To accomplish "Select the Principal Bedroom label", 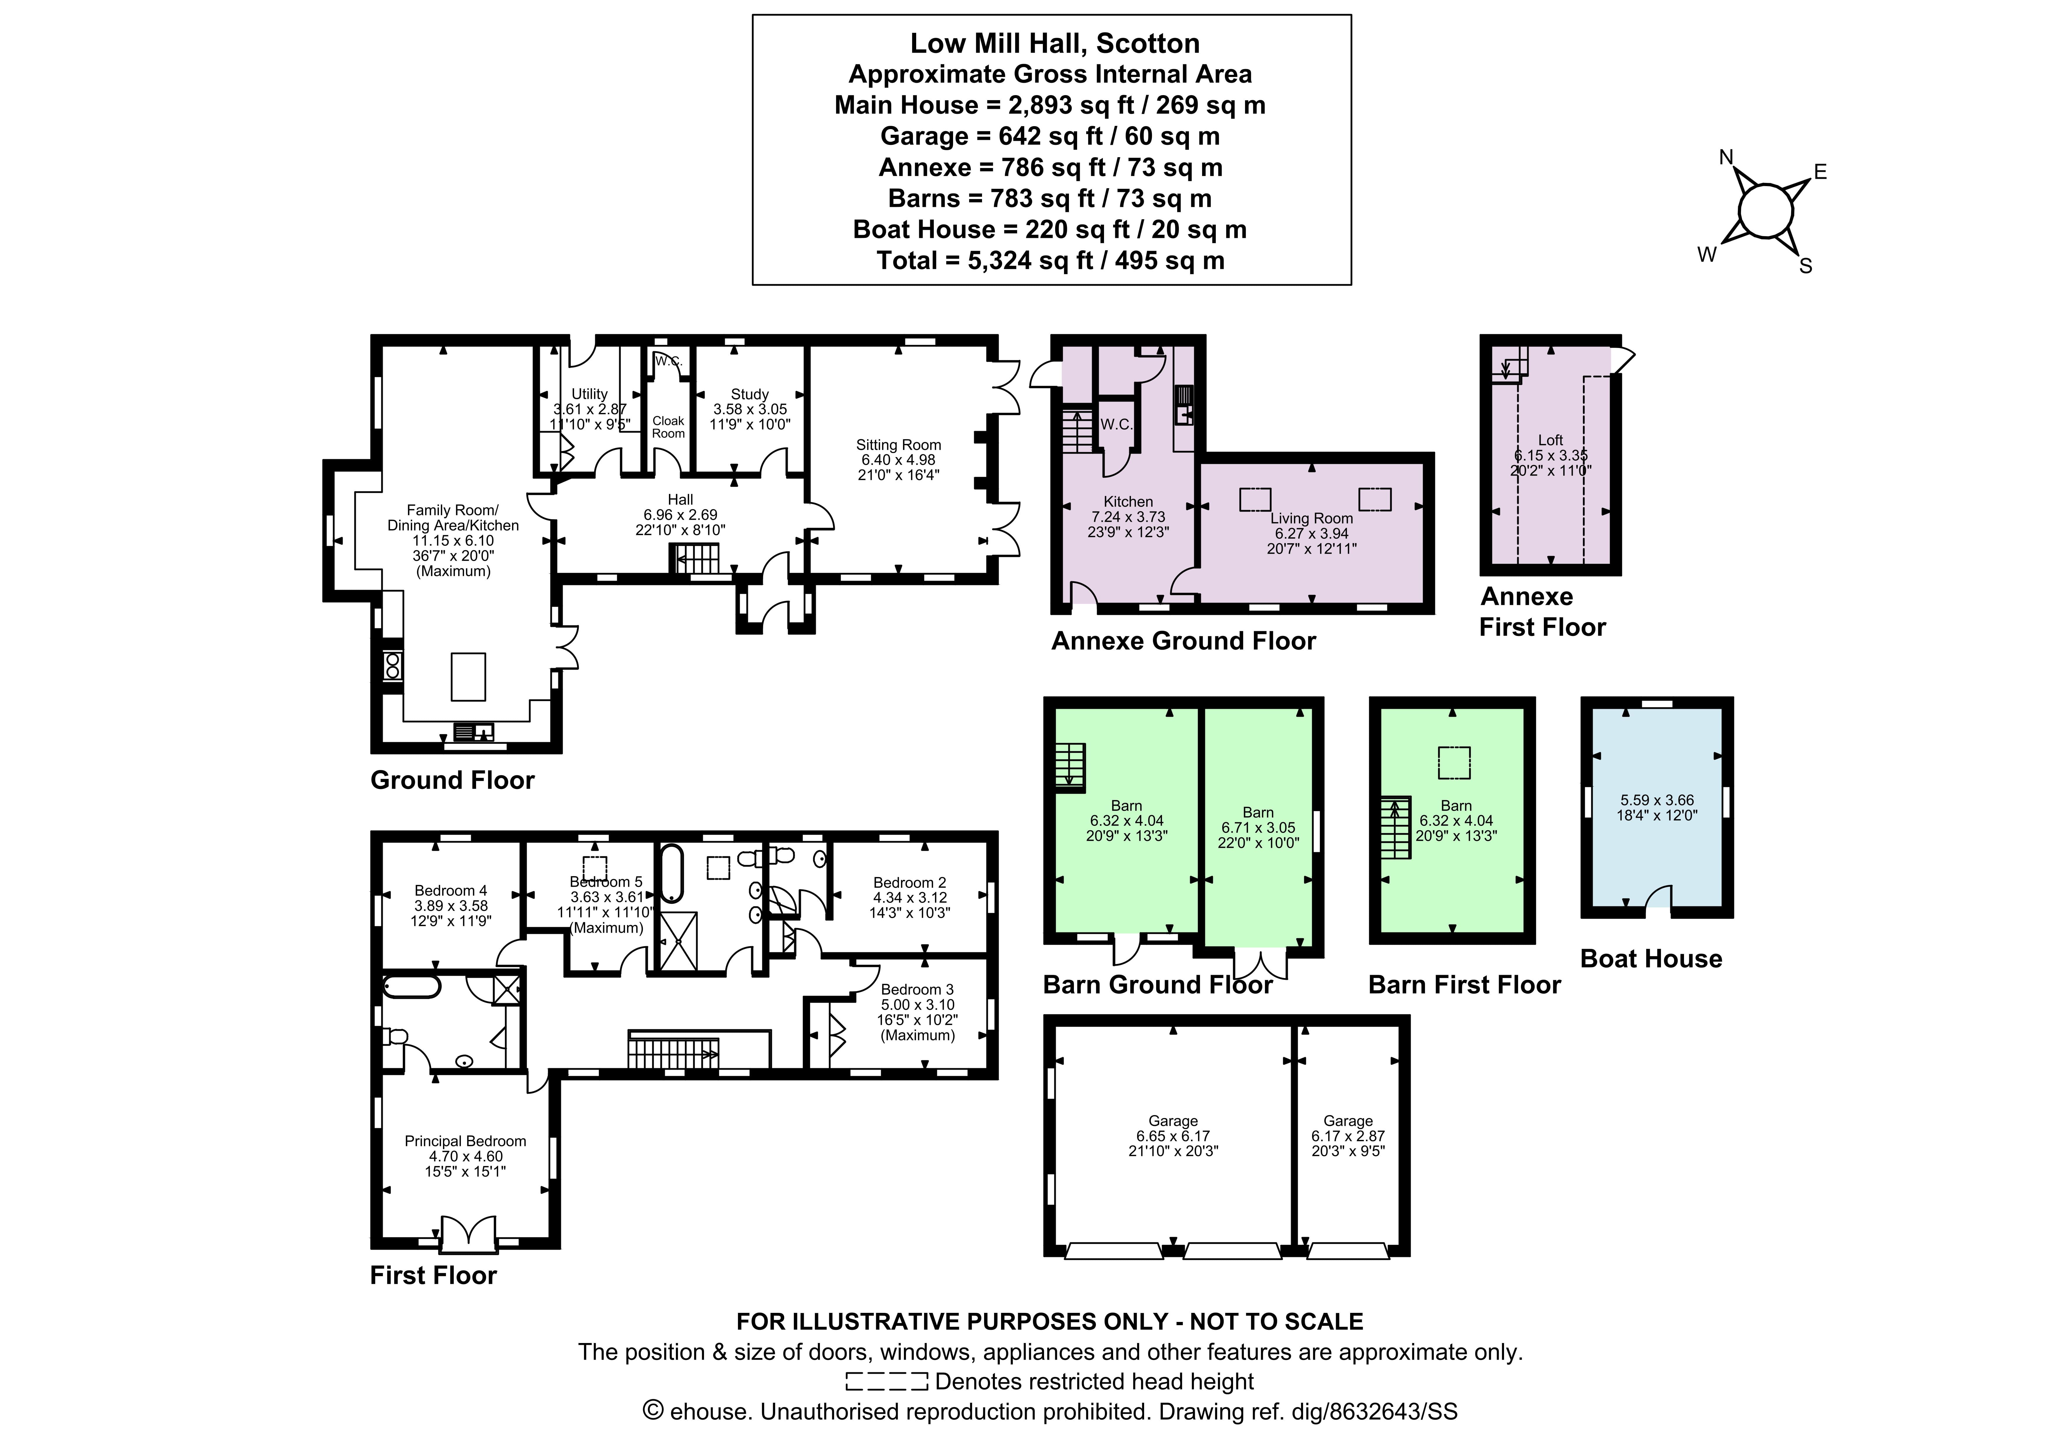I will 465,1141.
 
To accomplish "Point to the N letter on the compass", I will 1726,158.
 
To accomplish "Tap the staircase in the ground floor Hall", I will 695,560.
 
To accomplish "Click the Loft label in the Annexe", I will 1551,440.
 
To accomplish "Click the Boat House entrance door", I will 1659,901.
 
